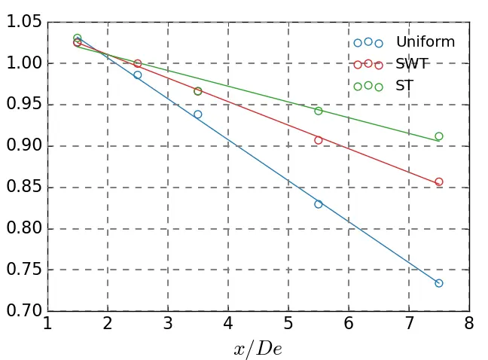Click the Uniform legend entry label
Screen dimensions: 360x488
tap(425, 42)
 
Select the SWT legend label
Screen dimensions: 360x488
tap(412, 64)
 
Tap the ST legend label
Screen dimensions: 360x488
tap(404, 86)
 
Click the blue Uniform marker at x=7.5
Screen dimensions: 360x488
tap(439, 283)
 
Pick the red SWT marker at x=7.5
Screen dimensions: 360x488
tap(439, 182)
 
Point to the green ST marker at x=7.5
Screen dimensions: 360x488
tap(439, 136)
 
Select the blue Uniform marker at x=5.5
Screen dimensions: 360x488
tap(319, 204)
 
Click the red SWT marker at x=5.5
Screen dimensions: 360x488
tap(319, 140)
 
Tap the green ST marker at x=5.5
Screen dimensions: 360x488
tap(319, 111)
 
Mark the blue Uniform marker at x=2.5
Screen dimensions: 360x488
tap(138, 75)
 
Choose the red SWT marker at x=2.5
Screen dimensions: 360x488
tap(138, 63)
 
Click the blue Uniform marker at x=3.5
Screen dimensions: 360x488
tap(198, 114)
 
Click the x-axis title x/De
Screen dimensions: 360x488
tap(258, 349)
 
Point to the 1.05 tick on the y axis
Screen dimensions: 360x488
tap(23, 23)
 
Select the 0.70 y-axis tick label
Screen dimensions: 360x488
tap(23, 311)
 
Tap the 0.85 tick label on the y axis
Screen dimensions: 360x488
tap(23, 188)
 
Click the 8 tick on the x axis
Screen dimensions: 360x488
tap(469, 325)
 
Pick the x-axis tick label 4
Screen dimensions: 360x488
tap(228, 325)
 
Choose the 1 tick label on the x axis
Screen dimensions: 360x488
tap(47, 325)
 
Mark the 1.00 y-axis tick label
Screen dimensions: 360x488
tap(23, 64)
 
